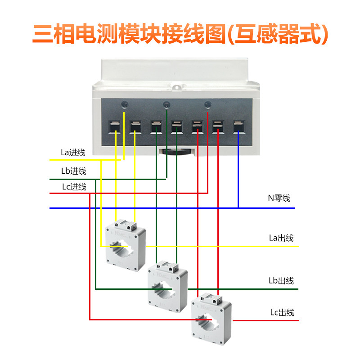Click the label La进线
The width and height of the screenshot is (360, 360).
click(x=73, y=153)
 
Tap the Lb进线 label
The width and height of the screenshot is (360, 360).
click(x=74, y=171)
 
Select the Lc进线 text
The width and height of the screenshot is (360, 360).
click(x=74, y=187)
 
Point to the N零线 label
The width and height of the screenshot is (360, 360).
click(x=279, y=198)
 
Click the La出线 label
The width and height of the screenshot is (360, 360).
click(x=281, y=238)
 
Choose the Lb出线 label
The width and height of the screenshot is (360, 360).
click(x=281, y=280)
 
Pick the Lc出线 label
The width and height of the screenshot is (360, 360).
click(x=282, y=312)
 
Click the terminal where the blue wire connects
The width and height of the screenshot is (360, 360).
click(x=239, y=127)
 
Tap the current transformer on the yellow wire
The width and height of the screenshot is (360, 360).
click(x=126, y=245)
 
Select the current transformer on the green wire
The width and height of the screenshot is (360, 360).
click(x=167, y=287)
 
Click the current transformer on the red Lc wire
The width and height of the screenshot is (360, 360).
click(x=211, y=319)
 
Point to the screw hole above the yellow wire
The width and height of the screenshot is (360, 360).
click(x=125, y=105)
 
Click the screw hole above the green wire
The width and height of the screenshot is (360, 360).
click(x=166, y=105)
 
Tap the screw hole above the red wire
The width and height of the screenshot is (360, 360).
click(x=208, y=105)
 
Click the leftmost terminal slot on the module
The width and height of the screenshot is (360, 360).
click(x=114, y=127)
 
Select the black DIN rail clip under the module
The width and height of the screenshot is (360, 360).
click(x=176, y=152)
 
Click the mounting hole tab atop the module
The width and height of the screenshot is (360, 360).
click(x=176, y=87)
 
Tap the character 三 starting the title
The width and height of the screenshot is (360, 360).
click(x=43, y=34)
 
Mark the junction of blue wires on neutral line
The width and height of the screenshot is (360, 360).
click(x=238, y=208)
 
